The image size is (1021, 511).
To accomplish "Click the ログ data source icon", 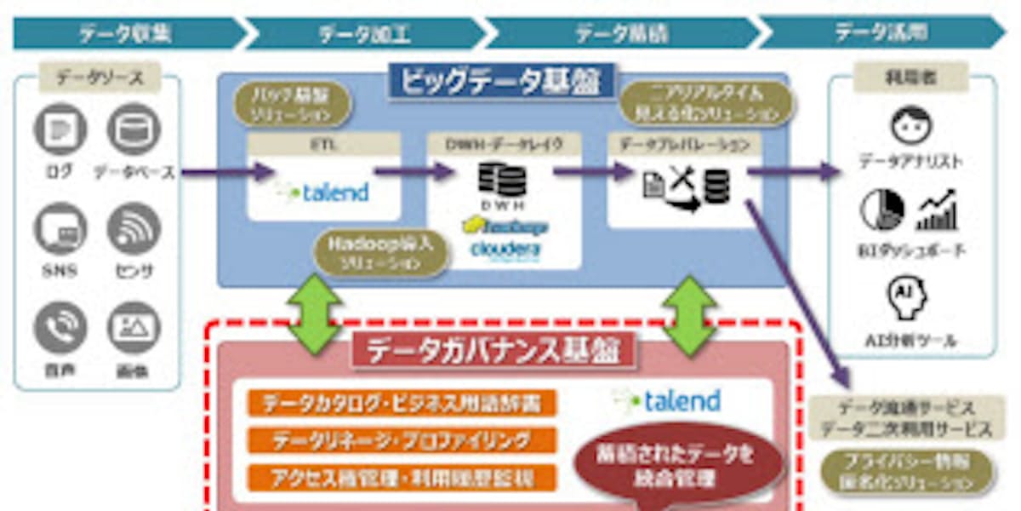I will pyautogui.click(x=60, y=129).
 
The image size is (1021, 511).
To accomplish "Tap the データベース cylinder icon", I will pyautogui.click(x=134, y=129).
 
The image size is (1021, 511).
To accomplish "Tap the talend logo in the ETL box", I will pyautogui.click(x=324, y=192).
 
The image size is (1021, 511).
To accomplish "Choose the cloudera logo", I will pyautogui.click(x=505, y=248).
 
